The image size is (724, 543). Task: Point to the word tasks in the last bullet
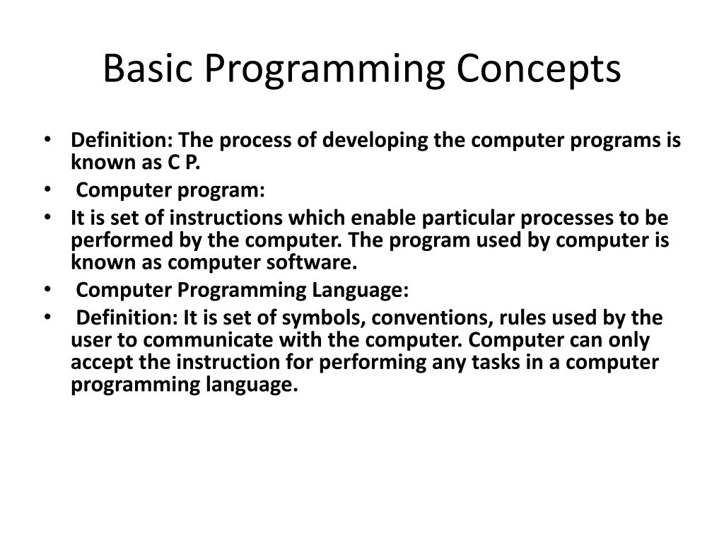(x=518, y=363)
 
